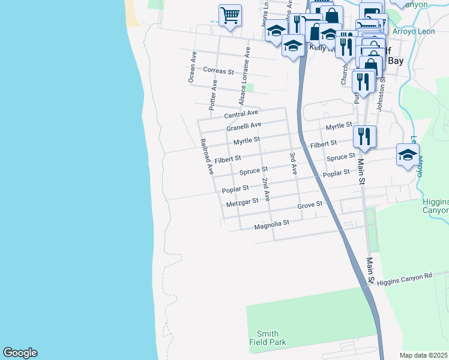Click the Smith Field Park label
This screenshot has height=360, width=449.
[267, 338]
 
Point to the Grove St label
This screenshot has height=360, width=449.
[310, 206]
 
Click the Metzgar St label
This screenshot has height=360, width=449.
[243, 203]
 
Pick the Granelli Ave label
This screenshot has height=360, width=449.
[244, 127]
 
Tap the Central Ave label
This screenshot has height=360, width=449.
[241, 113]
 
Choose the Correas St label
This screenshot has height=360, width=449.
[218, 71]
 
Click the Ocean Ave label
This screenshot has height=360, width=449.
[192, 67]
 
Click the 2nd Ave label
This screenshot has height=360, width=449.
[266, 188]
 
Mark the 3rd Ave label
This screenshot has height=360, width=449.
[293, 163]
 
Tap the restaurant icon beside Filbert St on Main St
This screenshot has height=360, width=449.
[364, 137]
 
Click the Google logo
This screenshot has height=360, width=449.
[20, 353]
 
